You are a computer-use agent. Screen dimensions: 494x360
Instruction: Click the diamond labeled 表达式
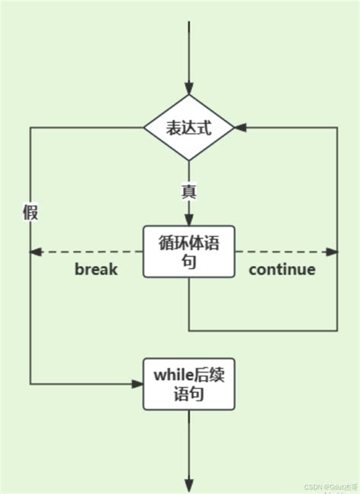click(188, 128)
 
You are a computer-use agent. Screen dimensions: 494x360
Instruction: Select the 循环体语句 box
click(188, 252)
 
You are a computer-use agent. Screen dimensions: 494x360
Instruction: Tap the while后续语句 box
click(188, 385)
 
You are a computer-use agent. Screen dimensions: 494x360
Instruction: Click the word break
click(96, 269)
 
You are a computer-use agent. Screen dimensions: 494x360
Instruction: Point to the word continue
click(282, 269)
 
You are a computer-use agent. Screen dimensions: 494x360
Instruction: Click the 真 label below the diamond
click(188, 192)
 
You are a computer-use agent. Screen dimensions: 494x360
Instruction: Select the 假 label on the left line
click(30, 212)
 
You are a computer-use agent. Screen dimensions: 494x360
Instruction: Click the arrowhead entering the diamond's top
click(188, 87)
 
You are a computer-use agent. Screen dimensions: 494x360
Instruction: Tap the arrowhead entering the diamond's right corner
click(241, 128)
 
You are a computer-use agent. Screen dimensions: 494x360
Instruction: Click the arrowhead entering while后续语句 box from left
click(137, 384)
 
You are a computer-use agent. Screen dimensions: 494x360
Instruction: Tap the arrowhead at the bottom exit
click(188, 485)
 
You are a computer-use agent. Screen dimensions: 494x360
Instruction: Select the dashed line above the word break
click(91, 252)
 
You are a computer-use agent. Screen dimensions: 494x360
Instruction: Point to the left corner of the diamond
click(145, 128)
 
